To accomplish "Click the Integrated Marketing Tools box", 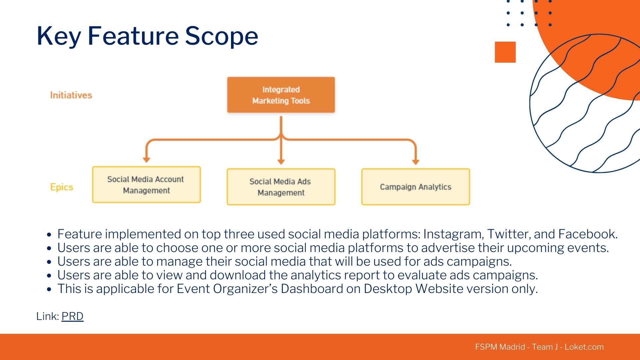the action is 281,95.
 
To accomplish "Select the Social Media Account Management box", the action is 146,185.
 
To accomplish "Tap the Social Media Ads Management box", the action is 281,187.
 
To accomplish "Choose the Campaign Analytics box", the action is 416,187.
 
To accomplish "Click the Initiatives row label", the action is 71,95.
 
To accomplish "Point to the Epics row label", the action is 62,187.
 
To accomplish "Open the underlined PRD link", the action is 72,316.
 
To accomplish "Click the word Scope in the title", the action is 221,36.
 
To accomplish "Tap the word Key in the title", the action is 58,36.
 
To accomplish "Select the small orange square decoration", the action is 505,52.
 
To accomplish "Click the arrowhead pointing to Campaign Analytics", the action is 415,162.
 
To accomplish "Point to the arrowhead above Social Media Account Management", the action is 146,160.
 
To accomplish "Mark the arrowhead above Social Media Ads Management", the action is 281,162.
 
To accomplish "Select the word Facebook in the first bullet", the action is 588,234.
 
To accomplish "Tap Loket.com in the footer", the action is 584,347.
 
